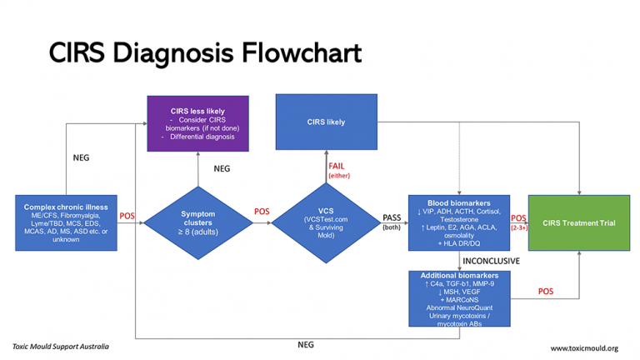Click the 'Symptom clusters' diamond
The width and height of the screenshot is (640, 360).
tap(197, 221)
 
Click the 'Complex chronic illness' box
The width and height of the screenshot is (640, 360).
tap(65, 222)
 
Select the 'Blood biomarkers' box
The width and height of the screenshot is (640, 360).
tap(457, 222)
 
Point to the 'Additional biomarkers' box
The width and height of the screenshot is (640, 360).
tap(457, 297)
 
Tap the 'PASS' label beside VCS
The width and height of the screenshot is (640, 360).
tap(391, 217)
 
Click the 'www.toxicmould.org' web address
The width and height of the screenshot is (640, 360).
tap(583, 347)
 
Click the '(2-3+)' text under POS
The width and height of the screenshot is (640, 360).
tap(517, 227)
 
